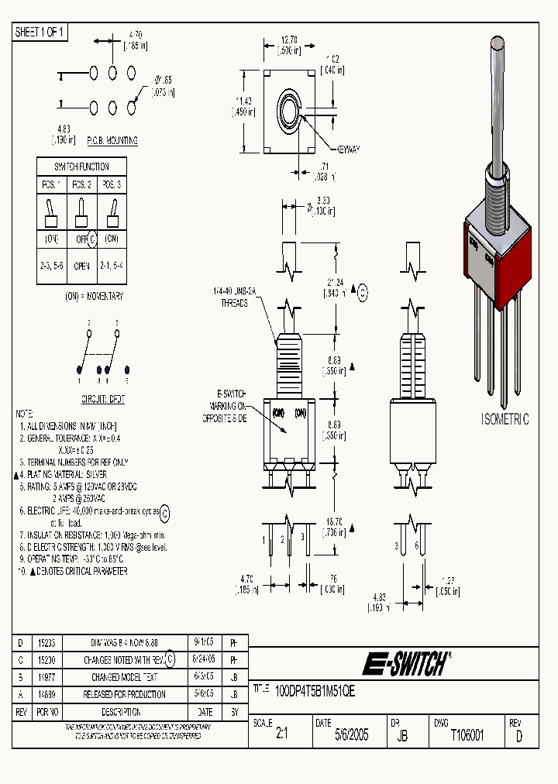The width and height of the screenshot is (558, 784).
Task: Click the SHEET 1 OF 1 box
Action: pos(41,33)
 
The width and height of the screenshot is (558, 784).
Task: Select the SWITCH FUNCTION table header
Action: pos(81,167)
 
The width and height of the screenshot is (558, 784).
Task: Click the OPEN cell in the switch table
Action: pos(81,265)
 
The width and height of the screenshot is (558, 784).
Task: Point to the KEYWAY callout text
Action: pos(349,149)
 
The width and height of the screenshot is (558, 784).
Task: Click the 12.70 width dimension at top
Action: pos(291,43)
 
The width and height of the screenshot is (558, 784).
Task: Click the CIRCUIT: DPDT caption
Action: pos(104,401)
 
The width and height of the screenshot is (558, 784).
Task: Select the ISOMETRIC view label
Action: pos(505,419)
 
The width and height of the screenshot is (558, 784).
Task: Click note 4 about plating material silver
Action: pos(65,473)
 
